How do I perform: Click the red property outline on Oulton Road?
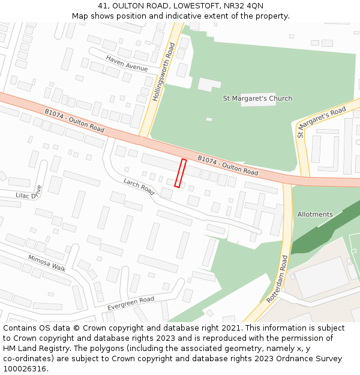[x=180, y=173]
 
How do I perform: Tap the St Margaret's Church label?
[x=257, y=98]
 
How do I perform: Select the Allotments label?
[x=314, y=214]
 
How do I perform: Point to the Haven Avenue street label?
[x=127, y=63]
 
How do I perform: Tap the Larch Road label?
[x=139, y=186]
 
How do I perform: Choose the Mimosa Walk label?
[x=47, y=263]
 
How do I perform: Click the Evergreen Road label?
[x=131, y=303]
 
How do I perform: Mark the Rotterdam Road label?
[x=277, y=279]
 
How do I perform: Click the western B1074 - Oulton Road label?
[x=74, y=120]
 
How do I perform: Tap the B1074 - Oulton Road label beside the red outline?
[x=228, y=165]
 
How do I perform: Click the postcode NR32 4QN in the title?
[x=242, y=6]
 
